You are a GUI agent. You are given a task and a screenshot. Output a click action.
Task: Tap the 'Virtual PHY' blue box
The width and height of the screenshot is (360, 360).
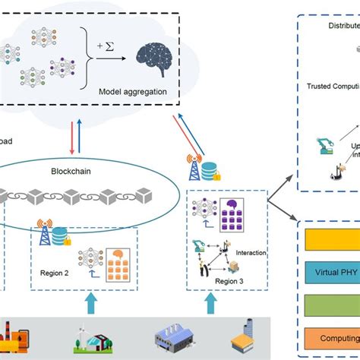tap(330, 271)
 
